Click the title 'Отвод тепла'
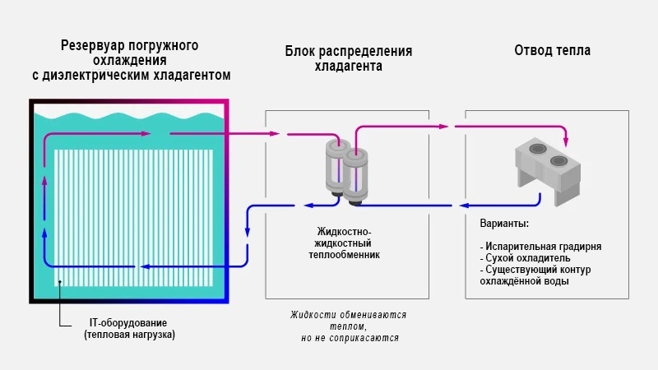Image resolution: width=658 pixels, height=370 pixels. click(x=552, y=51)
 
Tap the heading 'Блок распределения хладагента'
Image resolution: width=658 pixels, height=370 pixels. click(x=348, y=59)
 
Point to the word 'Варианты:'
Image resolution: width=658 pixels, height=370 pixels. click(x=503, y=224)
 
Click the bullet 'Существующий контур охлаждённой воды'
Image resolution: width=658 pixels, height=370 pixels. click(x=535, y=275)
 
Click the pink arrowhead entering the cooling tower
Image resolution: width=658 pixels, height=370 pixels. click(x=565, y=136)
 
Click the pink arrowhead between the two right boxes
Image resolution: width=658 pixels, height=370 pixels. click(x=444, y=126)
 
